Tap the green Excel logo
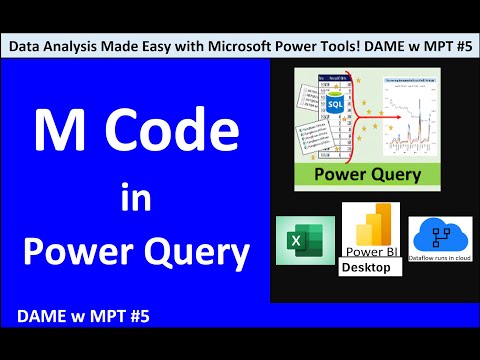304,240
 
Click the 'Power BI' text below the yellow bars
372,252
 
